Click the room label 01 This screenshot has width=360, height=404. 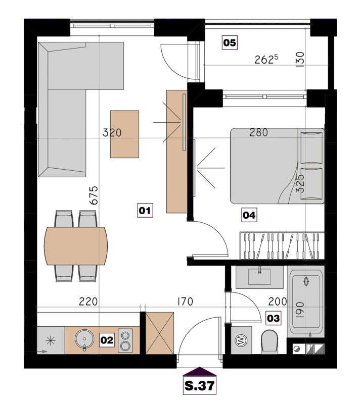(145, 211)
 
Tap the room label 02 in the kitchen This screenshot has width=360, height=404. (107, 340)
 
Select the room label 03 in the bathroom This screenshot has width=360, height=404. (274, 318)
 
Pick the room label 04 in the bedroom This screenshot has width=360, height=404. (249, 215)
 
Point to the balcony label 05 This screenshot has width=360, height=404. (230, 42)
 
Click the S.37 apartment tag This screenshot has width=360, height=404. (200, 386)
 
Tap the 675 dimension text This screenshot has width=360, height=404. (95, 195)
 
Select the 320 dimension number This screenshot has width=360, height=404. (112, 133)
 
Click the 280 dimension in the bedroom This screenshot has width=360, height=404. (259, 132)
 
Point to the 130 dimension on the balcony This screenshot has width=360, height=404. (300, 60)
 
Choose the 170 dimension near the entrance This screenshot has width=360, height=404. (185, 301)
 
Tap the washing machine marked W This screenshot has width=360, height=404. (241, 340)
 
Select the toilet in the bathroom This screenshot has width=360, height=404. (269, 342)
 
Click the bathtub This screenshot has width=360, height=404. (306, 302)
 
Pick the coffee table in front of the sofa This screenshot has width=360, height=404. (124, 134)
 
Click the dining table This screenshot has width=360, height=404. (76, 245)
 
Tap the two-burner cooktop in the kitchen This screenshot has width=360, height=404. (125, 340)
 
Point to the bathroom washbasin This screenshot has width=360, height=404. (259, 276)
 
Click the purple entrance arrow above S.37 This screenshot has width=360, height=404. (199, 371)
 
